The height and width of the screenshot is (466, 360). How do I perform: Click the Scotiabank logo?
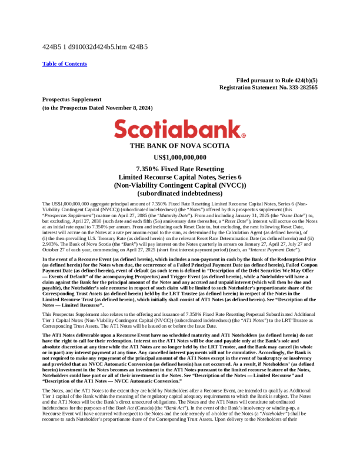(180, 129)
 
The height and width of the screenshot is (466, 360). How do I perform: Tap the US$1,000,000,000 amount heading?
(180, 157)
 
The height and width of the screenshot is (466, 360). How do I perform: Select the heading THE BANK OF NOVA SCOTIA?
(180, 146)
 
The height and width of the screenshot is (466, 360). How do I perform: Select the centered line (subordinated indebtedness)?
(180, 192)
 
